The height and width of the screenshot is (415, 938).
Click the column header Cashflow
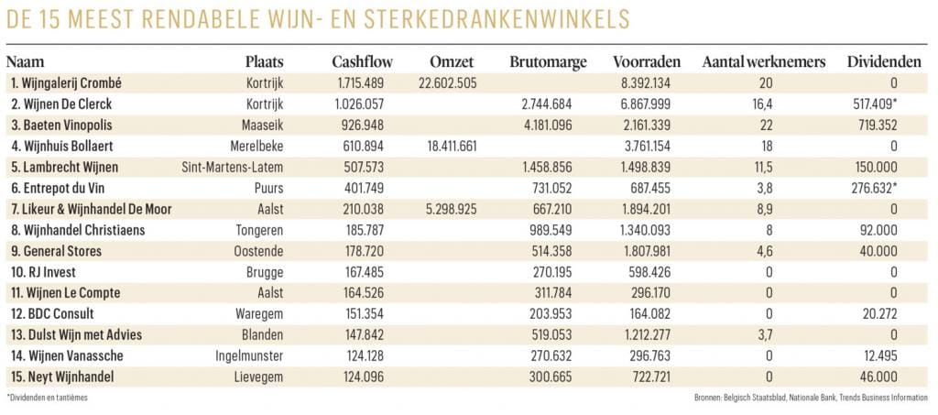(362, 61)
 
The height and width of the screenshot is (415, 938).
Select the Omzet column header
(450, 61)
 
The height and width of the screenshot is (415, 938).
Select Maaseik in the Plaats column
(262, 126)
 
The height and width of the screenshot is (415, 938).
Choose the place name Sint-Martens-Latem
(234, 168)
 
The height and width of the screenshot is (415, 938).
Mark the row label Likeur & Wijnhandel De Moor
(90, 210)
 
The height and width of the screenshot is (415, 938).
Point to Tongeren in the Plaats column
(259, 231)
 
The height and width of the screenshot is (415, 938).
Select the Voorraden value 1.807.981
(648, 252)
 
